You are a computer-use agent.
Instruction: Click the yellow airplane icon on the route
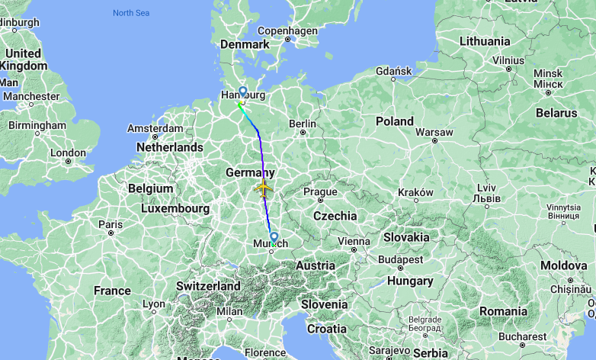(x=264, y=188)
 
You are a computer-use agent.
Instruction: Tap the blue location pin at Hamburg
(x=242, y=92)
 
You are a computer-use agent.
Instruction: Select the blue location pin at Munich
(x=274, y=237)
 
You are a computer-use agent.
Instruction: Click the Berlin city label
(x=302, y=124)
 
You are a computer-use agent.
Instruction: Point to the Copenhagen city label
(x=287, y=31)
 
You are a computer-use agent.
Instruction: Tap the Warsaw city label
(x=434, y=132)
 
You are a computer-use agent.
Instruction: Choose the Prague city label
(x=320, y=191)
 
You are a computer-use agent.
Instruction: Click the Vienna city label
(x=353, y=241)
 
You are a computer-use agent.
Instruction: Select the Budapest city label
(x=399, y=259)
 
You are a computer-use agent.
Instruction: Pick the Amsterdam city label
(x=155, y=128)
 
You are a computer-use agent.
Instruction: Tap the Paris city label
(x=110, y=224)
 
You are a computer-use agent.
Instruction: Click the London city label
(x=68, y=153)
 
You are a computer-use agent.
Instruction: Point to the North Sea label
(x=132, y=12)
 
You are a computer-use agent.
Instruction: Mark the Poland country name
(x=394, y=121)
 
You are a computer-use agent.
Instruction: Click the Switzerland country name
(x=208, y=286)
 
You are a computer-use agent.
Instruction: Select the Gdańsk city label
(x=394, y=71)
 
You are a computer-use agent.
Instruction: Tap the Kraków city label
(x=415, y=192)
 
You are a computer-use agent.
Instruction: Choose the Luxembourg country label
(x=175, y=207)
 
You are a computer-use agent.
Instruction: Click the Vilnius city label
(x=508, y=59)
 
